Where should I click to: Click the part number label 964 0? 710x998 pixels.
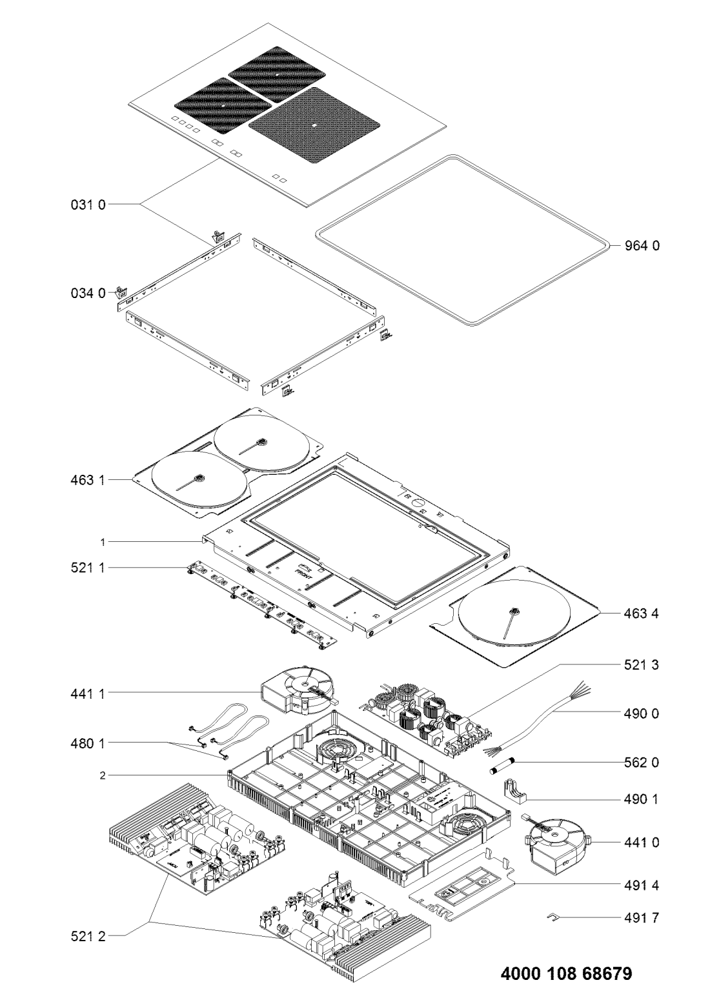click(642, 246)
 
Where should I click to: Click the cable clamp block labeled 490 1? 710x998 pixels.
click(518, 800)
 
